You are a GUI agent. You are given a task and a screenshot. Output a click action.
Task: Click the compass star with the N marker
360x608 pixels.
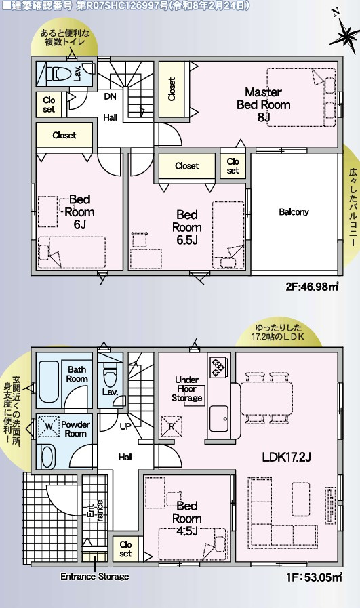point(344,34)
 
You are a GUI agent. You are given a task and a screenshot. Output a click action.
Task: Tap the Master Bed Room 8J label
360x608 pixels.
point(264,104)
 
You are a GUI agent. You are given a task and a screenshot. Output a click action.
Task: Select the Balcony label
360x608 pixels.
point(294,211)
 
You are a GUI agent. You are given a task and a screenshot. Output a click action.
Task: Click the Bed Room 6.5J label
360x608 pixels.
point(187,227)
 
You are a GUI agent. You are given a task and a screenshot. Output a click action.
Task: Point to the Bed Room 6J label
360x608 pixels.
point(79,211)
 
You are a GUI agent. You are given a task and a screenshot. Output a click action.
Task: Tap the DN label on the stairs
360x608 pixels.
point(111,96)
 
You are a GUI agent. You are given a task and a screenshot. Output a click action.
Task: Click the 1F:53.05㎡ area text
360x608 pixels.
point(314,577)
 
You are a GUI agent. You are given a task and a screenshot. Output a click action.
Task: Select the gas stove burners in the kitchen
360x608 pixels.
point(217,367)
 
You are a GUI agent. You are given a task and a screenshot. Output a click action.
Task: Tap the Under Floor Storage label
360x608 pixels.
point(187,389)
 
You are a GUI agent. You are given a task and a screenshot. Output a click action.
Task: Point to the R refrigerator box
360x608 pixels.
point(172,426)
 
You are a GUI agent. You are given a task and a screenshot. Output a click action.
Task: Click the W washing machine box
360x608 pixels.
point(49,426)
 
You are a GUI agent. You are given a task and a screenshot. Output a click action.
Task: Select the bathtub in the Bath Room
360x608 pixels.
point(49,382)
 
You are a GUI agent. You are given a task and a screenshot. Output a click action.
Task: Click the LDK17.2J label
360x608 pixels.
point(287,457)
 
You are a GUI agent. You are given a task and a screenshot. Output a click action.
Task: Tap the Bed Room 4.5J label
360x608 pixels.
point(187,518)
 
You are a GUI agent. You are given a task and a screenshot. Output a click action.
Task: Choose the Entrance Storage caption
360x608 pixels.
point(95,577)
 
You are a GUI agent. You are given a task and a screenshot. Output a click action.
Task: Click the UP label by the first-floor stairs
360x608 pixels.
point(125,426)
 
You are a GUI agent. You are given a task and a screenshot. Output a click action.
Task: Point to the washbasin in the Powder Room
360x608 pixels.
point(47,457)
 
